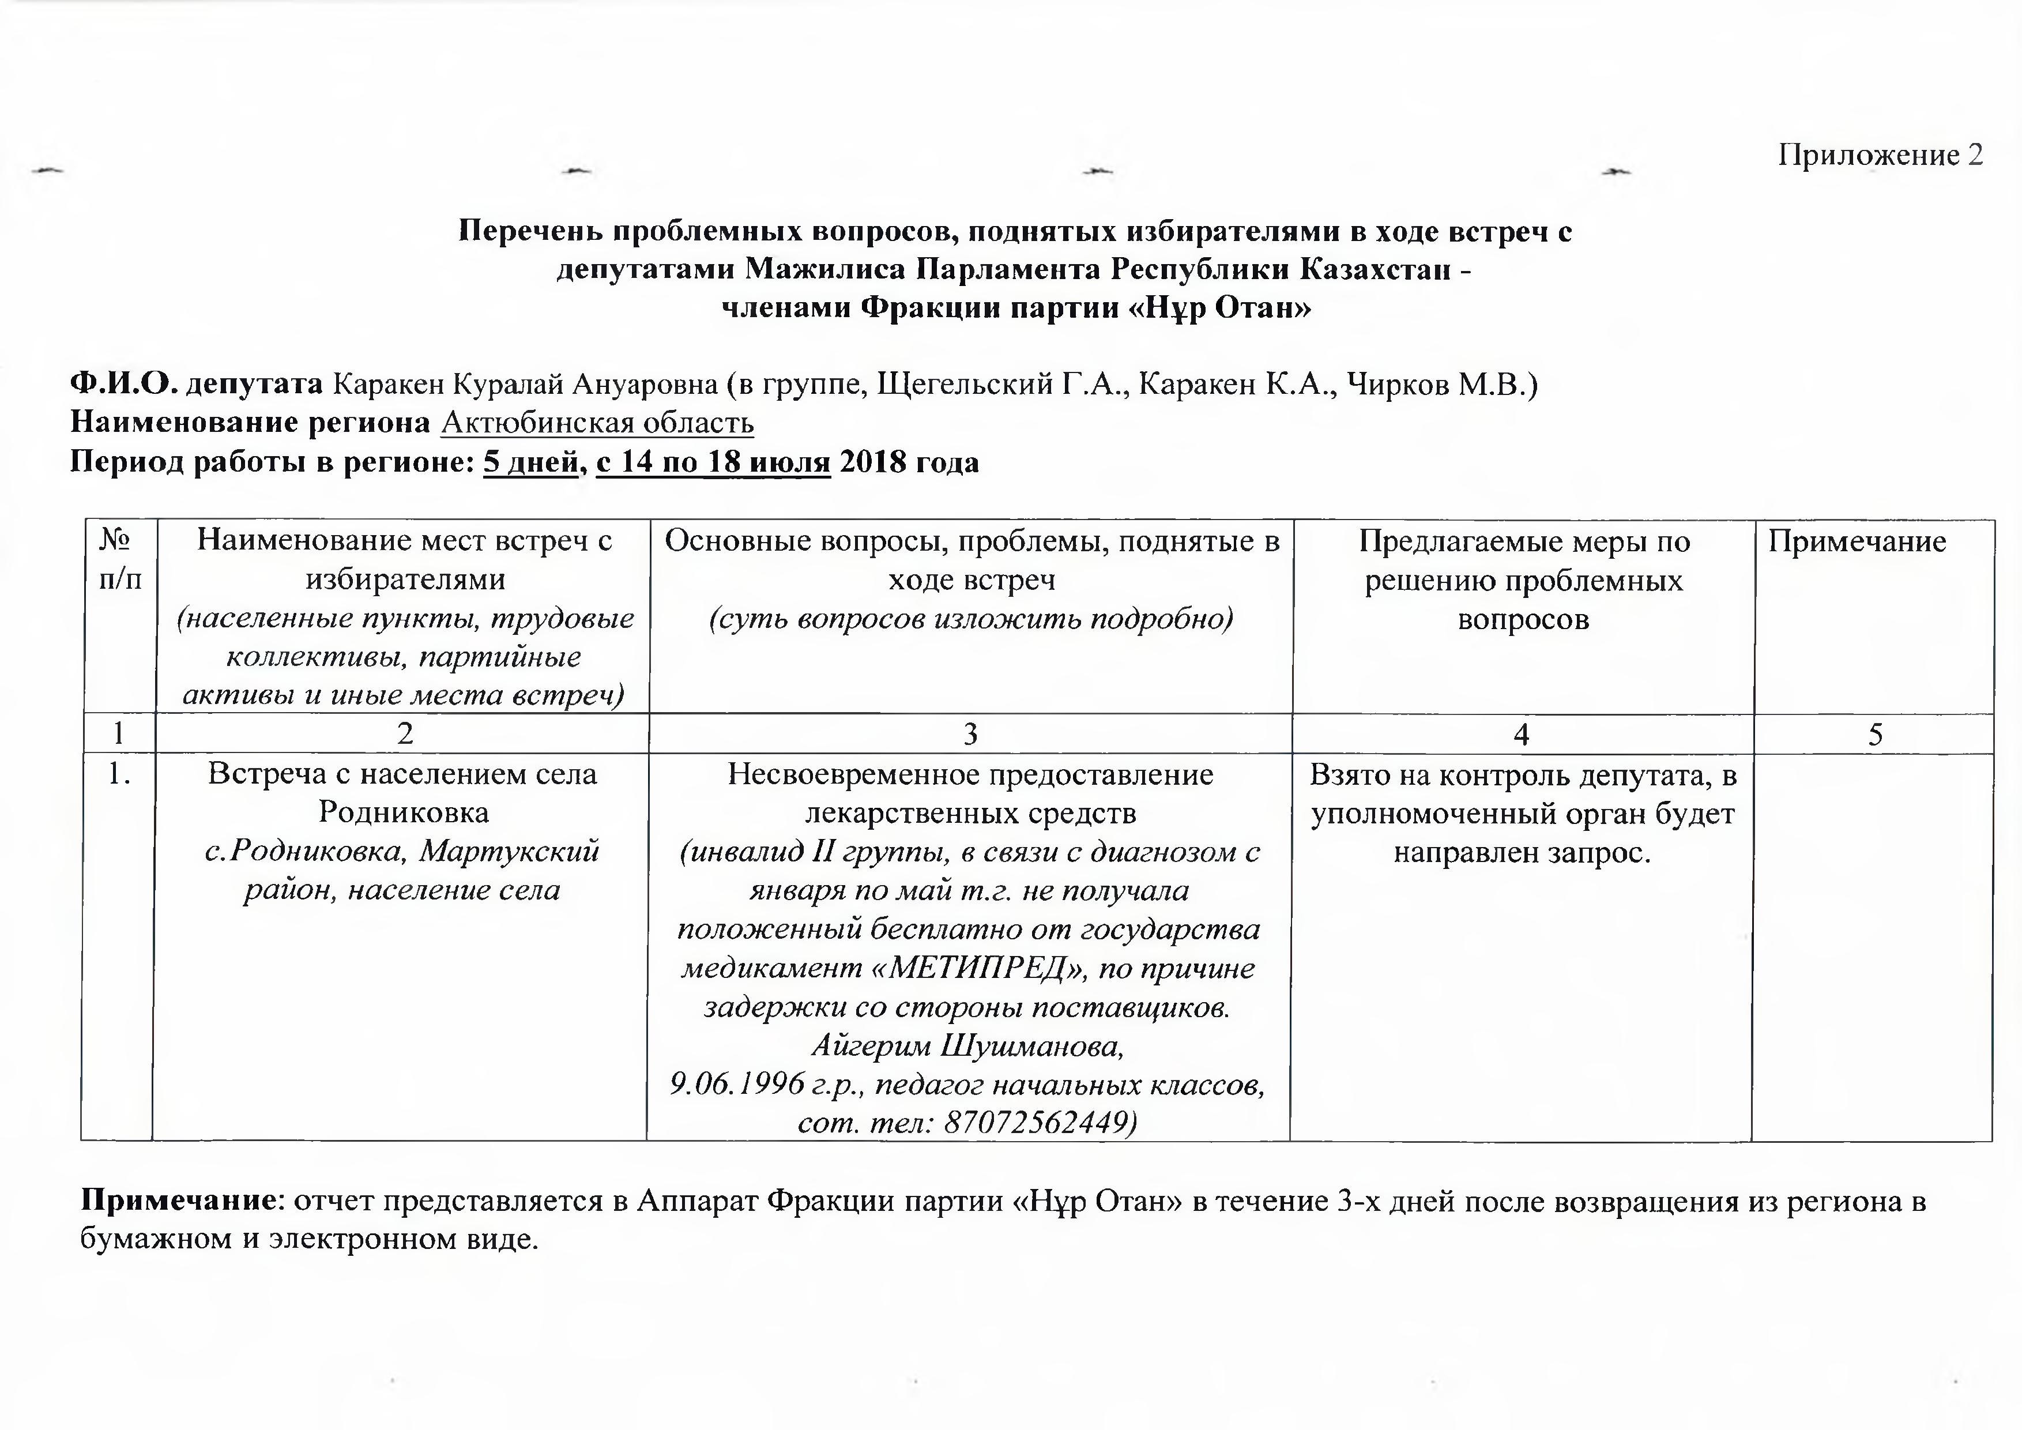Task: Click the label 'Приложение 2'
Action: point(1880,155)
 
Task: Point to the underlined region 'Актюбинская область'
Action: point(597,424)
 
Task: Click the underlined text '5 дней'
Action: point(530,462)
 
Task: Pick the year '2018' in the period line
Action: point(872,462)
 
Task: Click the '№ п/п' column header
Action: point(120,560)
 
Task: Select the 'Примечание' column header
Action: point(1857,541)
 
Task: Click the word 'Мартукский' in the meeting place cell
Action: point(510,851)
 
